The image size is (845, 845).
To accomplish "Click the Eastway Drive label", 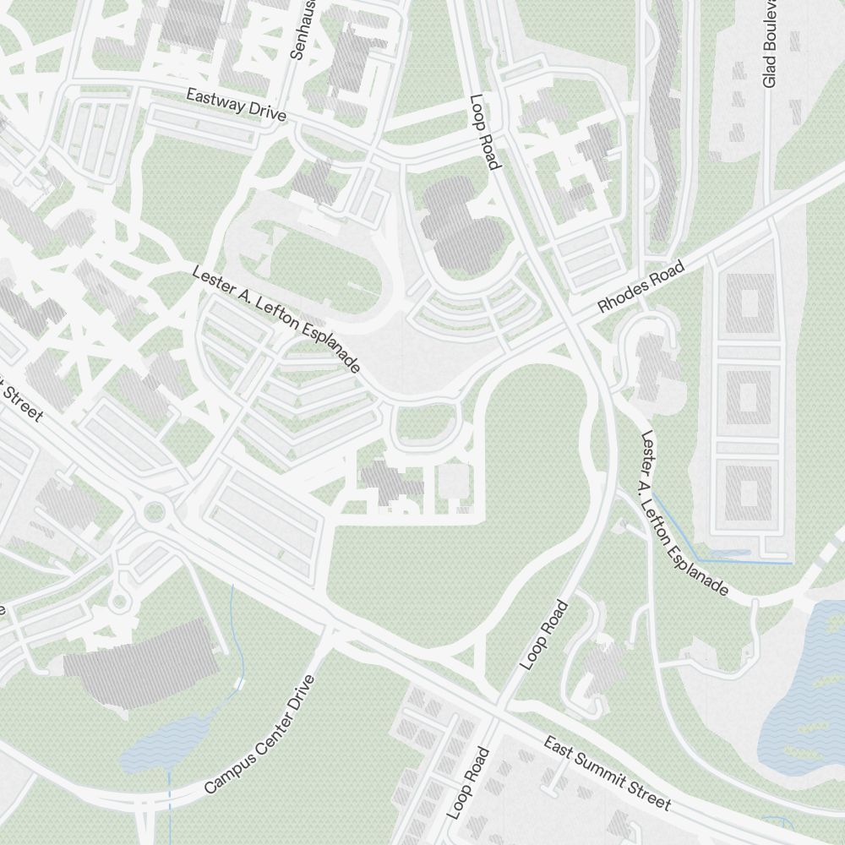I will (x=237, y=105).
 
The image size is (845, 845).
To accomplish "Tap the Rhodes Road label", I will (x=639, y=287).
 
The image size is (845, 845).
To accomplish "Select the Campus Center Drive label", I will (x=259, y=735).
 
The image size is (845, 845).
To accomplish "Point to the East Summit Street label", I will (x=606, y=772).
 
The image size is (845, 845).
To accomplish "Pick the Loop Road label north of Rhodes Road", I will (x=482, y=131).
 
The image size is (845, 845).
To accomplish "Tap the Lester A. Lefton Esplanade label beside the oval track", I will (x=276, y=320).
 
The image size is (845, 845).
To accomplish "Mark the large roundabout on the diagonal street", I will (x=154, y=510).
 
